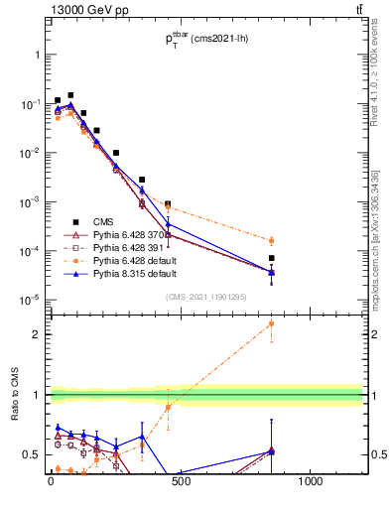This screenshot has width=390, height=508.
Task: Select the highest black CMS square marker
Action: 70,95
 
